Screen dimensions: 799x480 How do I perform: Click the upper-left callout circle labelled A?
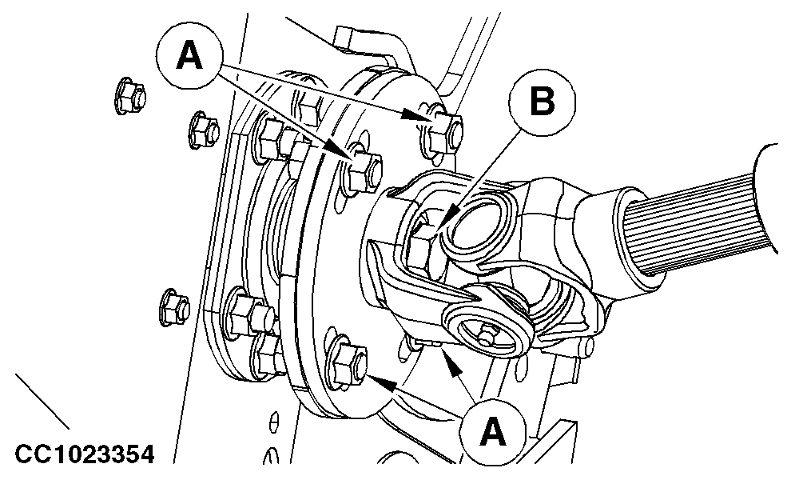click(x=189, y=56)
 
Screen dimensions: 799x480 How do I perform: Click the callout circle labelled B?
click(x=542, y=102)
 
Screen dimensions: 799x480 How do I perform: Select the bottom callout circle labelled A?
click(x=492, y=433)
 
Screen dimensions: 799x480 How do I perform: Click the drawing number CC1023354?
click(x=85, y=454)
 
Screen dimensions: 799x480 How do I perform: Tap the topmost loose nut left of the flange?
click(x=130, y=96)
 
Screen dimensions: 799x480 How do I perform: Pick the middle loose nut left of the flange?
click(x=204, y=130)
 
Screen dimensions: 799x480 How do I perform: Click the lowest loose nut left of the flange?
click(x=174, y=307)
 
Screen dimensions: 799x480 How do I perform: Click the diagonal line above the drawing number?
click(x=42, y=402)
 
